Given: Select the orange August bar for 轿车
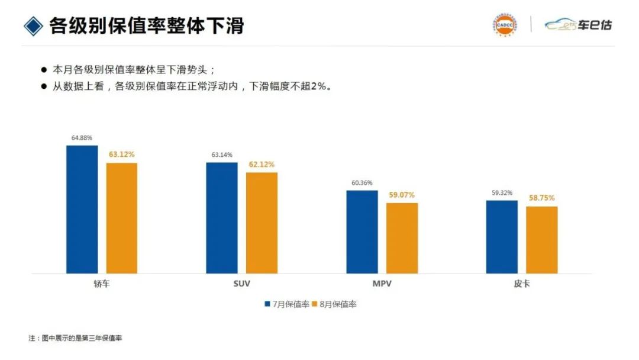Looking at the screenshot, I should (121, 218).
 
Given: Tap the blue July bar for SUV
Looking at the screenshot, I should (221, 218).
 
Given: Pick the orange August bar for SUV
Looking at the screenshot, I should (262, 223).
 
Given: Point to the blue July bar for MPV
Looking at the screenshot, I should (362, 232).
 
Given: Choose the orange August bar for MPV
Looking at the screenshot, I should (402, 238).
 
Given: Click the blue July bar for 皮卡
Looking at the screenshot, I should (502, 237).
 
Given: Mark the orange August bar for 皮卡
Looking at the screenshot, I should (541, 240).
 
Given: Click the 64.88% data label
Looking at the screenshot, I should (82, 138).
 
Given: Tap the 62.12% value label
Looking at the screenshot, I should (262, 165).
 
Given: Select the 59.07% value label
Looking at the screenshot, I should (402, 195).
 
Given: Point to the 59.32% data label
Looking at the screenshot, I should (502, 193).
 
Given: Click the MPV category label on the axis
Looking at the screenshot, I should (382, 284).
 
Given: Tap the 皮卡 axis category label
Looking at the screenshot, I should (521, 284).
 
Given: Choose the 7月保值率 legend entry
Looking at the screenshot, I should (287, 304).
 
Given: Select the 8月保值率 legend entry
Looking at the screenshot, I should (334, 304).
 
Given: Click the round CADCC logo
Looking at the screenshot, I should (504, 25).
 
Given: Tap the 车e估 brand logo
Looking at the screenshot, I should (578, 25).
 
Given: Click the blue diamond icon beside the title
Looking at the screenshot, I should (33, 25).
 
